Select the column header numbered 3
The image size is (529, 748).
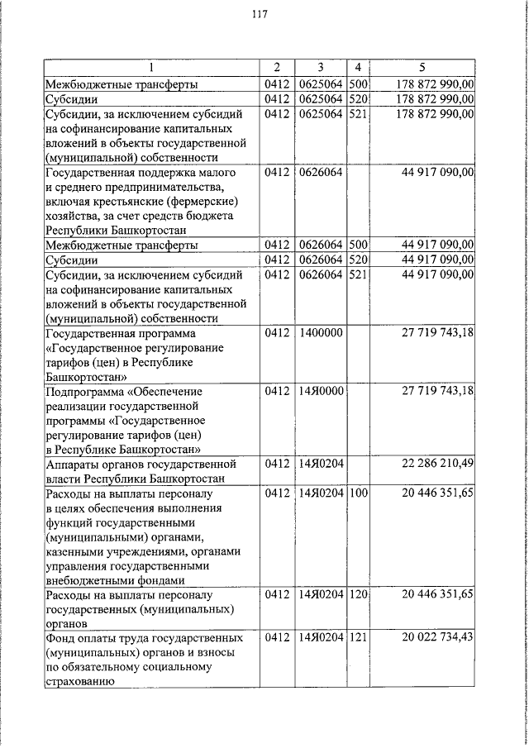pos(318,67)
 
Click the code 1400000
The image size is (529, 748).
pos(318,333)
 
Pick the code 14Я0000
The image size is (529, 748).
pos(318,391)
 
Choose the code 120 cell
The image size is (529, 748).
pos(357,594)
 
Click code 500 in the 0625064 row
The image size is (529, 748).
pos(357,83)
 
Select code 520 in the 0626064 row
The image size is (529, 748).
pos(357,260)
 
